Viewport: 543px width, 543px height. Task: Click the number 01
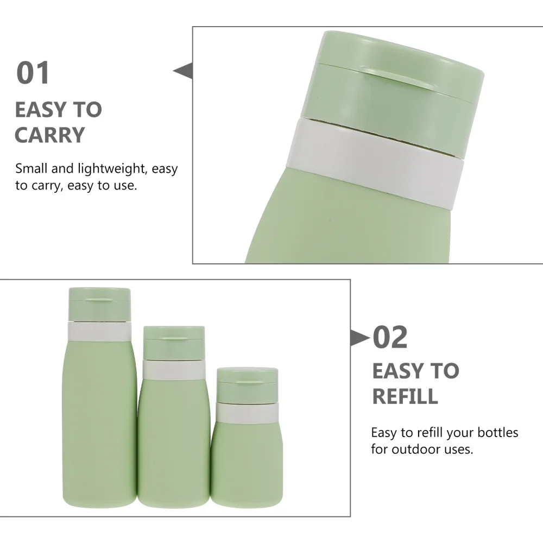pyautogui.click(x=33, y=73)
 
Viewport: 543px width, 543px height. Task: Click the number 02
pyautogui.click(x=390, y=338)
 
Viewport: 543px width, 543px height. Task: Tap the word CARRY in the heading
pyautogui.click(x=50, y=135)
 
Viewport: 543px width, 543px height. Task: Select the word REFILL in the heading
pyautogui.click(x=405, y=396)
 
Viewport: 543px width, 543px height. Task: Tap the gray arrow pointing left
pyautogui.click(x=184, y=71)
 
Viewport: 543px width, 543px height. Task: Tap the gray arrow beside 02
pyautogui.click(x=358, y=338)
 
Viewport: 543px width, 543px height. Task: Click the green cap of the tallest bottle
pyautogui.click(x=100, y=304)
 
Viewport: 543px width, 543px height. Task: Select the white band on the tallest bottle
pyautogui.click(x=100, y=331)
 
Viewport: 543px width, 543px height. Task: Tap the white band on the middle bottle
pyautogui.click(x=173, y=370)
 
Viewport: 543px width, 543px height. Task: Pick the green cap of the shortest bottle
pyautogui.click(x=247, y=384)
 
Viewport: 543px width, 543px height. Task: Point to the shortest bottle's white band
pyautogui.click(x=247, y=413)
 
